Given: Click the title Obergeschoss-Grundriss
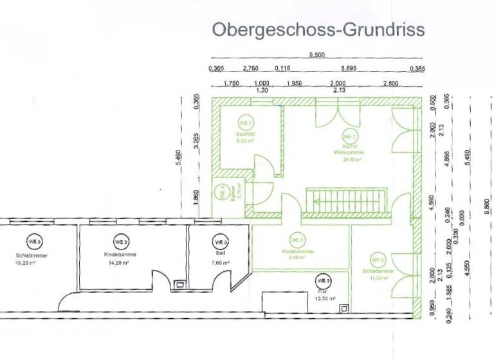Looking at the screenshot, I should coord(318,30).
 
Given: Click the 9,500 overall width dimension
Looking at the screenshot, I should coord(316,56).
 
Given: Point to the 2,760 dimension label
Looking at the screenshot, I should coord(250,69).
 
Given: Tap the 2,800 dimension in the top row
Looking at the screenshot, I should coord(390,84).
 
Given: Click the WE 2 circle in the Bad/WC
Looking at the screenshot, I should coord(246,122).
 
